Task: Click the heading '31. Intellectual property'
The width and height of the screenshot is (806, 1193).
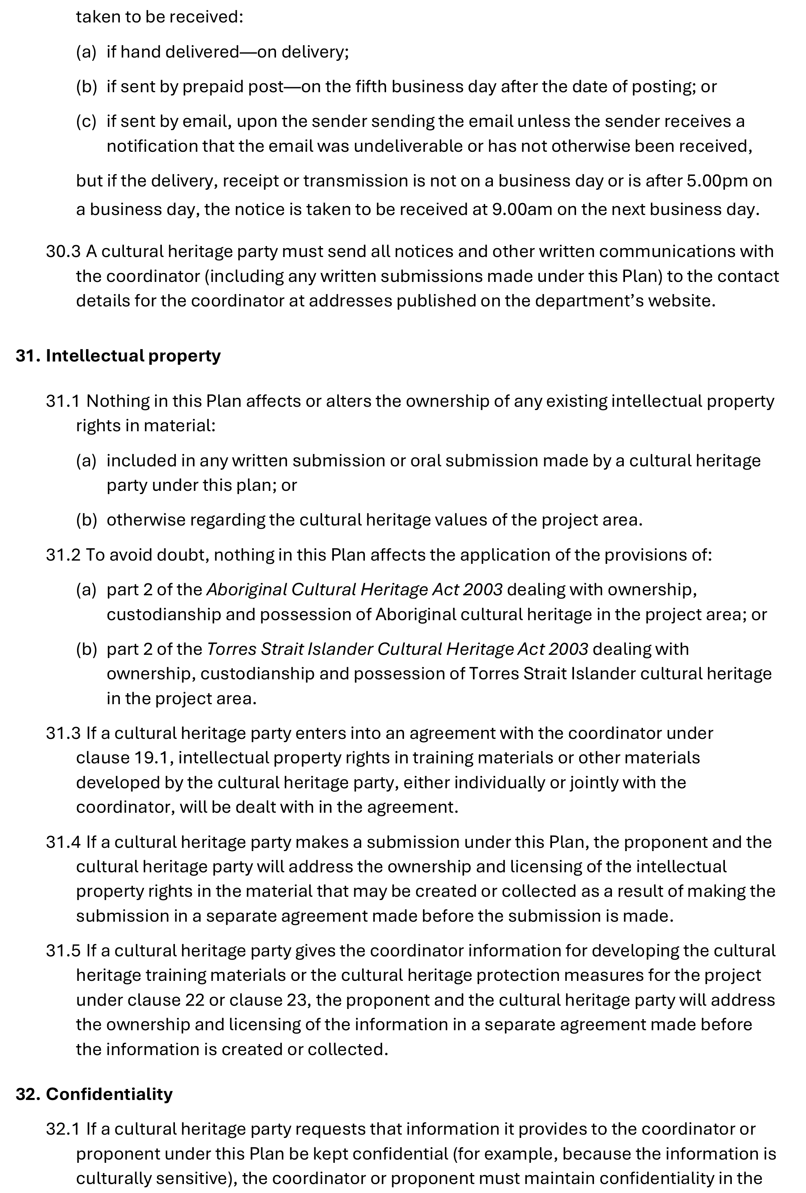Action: coord(118,356)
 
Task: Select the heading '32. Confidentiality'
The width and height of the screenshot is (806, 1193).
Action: coord(94,1094)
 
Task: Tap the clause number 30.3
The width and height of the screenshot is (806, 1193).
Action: coord(63,252)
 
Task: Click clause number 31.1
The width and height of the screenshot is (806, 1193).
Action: coord(63,401)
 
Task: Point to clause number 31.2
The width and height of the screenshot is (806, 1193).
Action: coord(63,555)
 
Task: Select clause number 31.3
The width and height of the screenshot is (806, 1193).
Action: coord(63,733)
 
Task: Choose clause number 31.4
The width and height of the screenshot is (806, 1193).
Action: coord(63,842)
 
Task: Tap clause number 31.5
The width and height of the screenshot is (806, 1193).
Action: coord(63,951)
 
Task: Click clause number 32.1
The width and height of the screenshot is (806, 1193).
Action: coord(63,1129)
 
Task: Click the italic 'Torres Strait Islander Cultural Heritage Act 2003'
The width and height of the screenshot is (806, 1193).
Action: coord(397,650)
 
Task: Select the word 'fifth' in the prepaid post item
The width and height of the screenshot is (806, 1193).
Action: coord(371,87)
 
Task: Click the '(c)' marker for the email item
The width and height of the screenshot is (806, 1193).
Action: coord(86,122)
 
